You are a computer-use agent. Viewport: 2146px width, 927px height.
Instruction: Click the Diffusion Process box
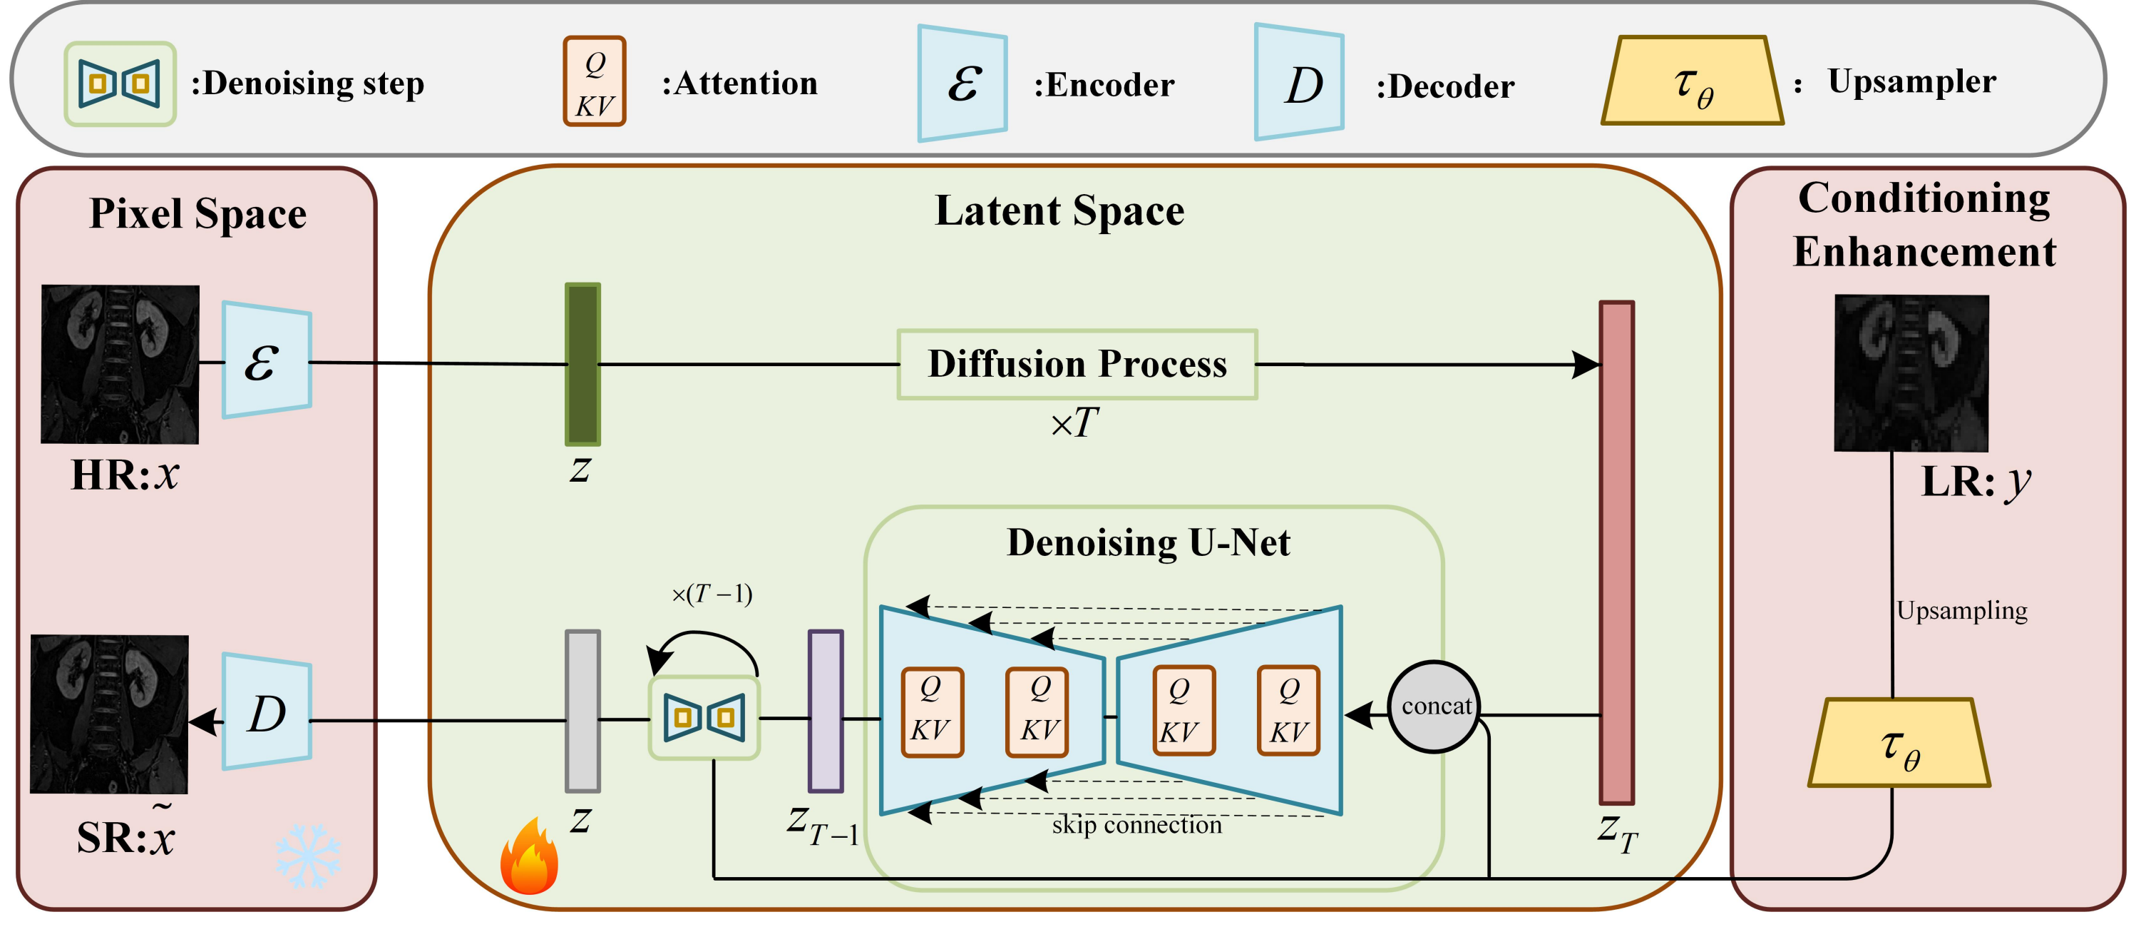click(x=1077, y=364)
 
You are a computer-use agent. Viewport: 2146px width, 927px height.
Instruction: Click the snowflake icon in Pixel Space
click(x=307, y=856)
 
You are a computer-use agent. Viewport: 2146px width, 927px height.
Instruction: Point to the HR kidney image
click(x=120, y=363)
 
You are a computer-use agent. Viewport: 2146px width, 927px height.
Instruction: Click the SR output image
click(x=109, y=714)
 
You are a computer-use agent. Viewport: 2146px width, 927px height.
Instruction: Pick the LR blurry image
click(x=1911, y=373)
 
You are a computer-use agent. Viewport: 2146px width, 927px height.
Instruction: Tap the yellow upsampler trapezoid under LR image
click(x=1899, y=743)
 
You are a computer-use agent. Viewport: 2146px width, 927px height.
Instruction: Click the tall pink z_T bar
click(x=1616, y=552)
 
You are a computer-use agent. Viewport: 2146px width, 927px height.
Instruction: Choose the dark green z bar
click(x=582, y=364)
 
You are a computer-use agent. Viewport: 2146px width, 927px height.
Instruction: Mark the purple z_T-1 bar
click(x=826, y=711)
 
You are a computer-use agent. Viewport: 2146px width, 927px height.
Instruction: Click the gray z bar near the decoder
click(x=582, y=711)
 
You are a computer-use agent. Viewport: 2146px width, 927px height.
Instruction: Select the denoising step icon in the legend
click(x=120, y=83)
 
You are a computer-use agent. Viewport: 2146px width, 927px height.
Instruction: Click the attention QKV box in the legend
click(x=594, y=81)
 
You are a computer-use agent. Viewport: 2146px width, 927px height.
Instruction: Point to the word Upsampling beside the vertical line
click(x=1961, y=610)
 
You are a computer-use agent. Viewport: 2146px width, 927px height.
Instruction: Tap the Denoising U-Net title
click(x=1148, y=542)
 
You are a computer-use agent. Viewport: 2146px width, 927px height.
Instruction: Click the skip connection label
click(x=1136, y=825)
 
